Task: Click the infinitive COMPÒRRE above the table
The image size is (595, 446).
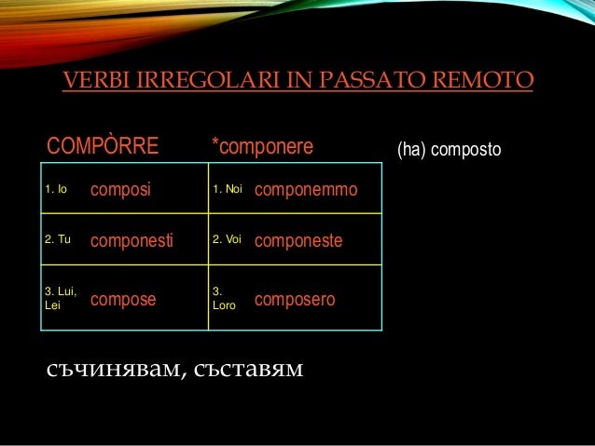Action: point(103,147)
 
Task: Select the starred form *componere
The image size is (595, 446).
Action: point(262,147)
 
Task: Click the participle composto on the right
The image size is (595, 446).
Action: point(467,149)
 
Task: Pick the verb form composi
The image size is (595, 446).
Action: point(120,190)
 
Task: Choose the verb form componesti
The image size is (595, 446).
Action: point(131,240)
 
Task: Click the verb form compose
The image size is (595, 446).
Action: point(123,300)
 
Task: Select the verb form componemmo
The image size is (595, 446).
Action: point(305,190)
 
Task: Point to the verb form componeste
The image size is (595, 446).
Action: point(298,240)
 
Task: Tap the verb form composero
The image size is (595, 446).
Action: point(295,300)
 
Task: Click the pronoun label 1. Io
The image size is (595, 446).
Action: point(55,190)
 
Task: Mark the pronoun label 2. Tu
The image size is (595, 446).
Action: point(57,239)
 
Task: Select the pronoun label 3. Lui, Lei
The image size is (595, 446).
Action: point(59,299)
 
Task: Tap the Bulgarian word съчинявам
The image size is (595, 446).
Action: point(111,372)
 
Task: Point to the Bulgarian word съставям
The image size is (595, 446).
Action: point(245,372)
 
